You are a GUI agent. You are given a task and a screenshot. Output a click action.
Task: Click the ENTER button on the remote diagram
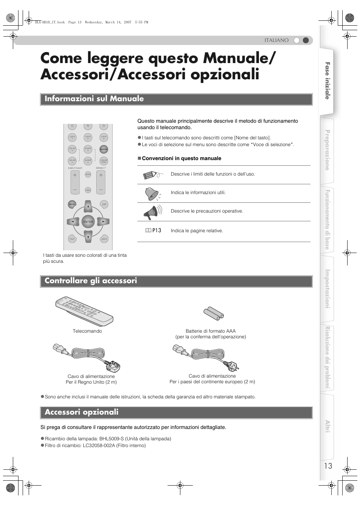[x=88, y=222]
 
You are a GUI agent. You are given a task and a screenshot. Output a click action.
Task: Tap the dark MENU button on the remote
[x=72, y=204]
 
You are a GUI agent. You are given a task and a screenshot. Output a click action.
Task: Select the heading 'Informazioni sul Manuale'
[x=94, y=99]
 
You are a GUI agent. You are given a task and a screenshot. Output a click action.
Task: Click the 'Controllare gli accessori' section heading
[x=91, y=281]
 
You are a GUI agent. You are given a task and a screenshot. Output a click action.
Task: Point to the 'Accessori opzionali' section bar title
[x=82, y=412]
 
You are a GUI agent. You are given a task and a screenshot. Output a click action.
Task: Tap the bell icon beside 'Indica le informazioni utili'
[x=152, y=194]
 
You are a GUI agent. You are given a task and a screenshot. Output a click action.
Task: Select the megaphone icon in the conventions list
[x=152, y=212]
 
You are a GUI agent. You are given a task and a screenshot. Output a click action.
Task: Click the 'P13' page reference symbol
[x=154, y=230]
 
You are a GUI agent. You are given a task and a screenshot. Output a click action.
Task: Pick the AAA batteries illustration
[x=214, y=313]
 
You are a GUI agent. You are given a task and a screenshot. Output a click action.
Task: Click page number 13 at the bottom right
[x=328, y=466]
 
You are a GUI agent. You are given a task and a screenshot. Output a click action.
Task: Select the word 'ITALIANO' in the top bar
[x=276, y=40]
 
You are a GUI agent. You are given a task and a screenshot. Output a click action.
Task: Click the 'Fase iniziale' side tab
[x=327, y=81]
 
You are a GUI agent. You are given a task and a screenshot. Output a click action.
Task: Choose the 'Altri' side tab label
[x=327, y=426]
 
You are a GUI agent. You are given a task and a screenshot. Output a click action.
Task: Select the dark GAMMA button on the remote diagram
[x=104, y=149]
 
